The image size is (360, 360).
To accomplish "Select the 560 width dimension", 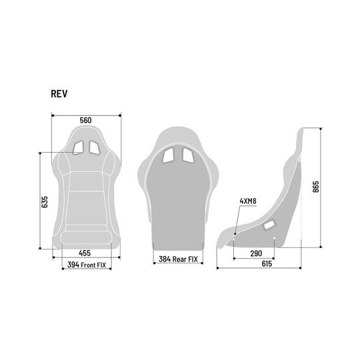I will click(x=85, y=120).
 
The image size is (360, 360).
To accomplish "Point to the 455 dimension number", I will click(x=85, y=253).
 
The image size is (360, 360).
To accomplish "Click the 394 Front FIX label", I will click(x=85, y=265).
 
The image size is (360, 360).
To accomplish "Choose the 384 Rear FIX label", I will click(x=177, y=260).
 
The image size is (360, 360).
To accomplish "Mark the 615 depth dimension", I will click(x=266, y=265).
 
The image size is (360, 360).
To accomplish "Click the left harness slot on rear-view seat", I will click(x=169, y=156).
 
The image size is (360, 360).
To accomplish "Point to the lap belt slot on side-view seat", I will click(x=269, y=227).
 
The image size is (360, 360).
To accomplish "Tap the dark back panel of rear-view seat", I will click(x=177, y=207).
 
